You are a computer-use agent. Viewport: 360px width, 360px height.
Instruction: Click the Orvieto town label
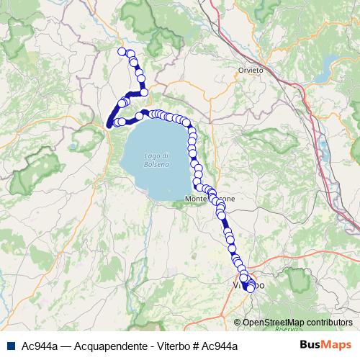250,70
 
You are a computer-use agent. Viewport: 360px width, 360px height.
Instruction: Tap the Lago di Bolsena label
156,160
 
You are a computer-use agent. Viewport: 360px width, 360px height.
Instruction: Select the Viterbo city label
248,285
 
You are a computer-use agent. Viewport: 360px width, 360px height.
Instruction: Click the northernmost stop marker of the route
122,50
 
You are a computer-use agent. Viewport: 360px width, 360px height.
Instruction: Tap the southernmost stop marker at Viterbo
250,289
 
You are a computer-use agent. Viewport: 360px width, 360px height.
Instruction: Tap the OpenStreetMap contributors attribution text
297,323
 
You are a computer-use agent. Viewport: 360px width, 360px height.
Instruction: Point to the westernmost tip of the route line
109,125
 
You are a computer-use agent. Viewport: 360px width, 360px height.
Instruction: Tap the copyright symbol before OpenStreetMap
237,323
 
